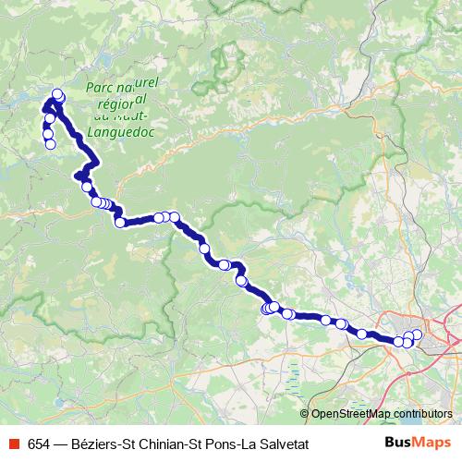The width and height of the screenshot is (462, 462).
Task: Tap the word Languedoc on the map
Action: click(119, 131)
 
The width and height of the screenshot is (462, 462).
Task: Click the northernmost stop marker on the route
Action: click(57, 93)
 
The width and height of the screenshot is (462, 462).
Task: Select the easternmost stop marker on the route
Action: click(417, 334)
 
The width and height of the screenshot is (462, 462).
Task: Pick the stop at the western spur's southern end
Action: click(50, 143)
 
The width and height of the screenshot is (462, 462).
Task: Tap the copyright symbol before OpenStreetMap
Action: click(304, 414)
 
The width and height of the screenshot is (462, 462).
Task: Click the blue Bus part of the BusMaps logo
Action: click(400, 443)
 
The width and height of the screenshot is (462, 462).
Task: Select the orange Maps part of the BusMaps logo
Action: click(433, 443)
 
